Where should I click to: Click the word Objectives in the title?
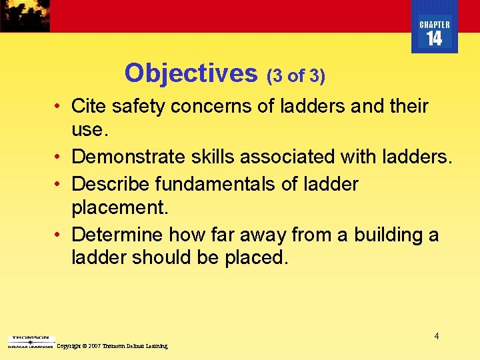tap(191, 73)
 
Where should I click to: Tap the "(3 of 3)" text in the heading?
tap(296, 77)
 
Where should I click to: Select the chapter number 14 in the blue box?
tap(434, 39)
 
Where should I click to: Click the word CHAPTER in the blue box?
tap(434, 25)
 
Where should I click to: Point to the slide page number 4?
tap(437, 336)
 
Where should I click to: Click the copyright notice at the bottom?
tap(112, 346)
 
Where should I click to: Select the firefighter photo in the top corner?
tap(25, 15)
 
